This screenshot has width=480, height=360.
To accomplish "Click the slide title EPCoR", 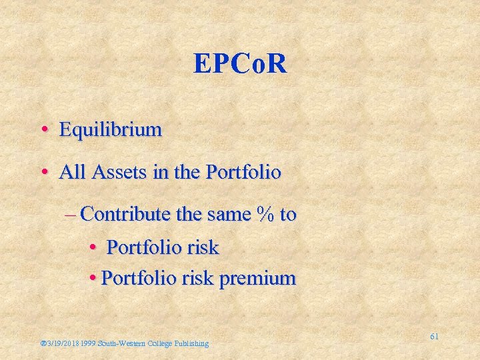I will point(240,63).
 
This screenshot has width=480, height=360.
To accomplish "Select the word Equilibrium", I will point(110,129).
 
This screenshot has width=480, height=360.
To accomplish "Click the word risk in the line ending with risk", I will point(203,247).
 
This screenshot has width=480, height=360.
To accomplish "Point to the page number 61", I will point(434,337).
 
